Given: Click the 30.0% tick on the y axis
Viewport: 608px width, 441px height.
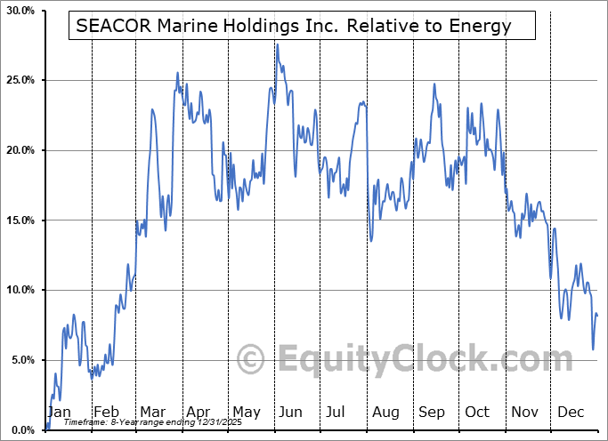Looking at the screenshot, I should pyautogui.click(x=20, y=11).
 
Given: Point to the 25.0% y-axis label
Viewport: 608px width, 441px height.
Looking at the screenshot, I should pyautogui.click(x=20, y=80).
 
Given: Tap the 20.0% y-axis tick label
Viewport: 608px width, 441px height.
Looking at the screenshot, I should pyautogui.click(x=20, y=150).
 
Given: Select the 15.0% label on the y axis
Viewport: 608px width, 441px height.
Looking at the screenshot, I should pyautogui.click(x=20, y=220).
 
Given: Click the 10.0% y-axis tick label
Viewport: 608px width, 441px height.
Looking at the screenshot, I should pyautogui.click(x=20, y=290).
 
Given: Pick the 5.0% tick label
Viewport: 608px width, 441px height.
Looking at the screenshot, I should pyautogui.click(x=22, y=360).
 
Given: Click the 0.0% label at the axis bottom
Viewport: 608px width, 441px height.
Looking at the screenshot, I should pyautogui.click(x=22, y=430).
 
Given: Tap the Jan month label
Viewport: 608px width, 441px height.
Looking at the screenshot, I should pyautogui.click(x=58, y=412).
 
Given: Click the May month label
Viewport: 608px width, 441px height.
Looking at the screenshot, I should pyautogui.click(x=246, y=412).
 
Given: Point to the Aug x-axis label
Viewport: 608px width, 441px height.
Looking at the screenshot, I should pyautogui.click(x=386, y=412).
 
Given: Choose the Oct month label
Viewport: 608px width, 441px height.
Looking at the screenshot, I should pyautogui.click(x=477, y=412).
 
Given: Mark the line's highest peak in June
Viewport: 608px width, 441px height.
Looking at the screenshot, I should pyautogui.click(x=277, y=44).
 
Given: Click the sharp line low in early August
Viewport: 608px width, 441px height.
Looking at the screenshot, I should pyautogui.click(x=370, y=240).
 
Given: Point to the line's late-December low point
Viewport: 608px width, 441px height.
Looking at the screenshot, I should pyautogui.click(x=593, y=349).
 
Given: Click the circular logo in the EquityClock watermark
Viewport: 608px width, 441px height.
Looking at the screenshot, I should pyautogui.click(x=252, y=360).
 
